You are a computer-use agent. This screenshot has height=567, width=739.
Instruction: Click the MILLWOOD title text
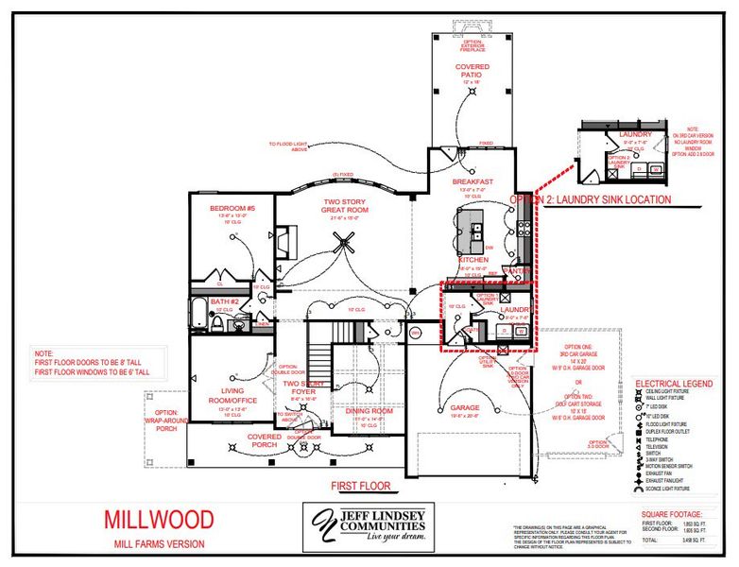coord(158,520)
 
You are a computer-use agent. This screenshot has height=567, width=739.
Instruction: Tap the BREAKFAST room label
coord(473,181)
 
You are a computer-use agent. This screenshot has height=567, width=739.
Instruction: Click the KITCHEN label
coord(473,259)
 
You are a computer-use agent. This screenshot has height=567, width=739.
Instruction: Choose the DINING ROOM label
coord(368,411)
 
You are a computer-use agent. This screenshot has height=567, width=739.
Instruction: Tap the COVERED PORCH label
coord(264,437)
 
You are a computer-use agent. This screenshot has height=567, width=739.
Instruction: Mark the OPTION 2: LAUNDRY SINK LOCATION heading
coord(591,199)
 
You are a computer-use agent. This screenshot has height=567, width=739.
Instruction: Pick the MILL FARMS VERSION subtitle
coord(159,543)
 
